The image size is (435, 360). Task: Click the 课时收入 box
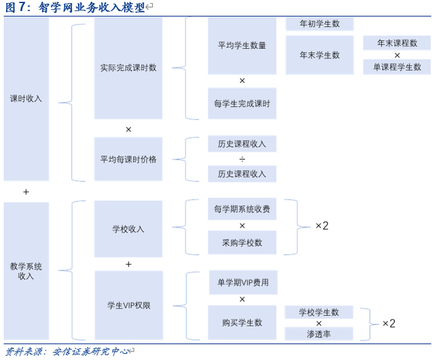26,98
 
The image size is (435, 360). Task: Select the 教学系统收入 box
26,270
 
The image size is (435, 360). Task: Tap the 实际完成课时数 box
128,67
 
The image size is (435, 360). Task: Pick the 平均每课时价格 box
128,159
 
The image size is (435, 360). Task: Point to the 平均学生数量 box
242,45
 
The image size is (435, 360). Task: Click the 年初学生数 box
319,24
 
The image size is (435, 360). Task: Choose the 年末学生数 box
319,55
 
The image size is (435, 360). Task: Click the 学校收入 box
128,229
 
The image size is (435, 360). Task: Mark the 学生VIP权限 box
128,305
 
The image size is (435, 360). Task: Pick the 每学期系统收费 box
242,209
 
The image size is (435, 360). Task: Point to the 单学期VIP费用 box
242,282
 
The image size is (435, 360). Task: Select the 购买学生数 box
242,322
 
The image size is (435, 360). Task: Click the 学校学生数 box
319,312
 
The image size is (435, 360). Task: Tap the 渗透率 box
319,334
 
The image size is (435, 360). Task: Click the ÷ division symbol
242,159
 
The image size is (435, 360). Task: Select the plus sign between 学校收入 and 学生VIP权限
128,264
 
